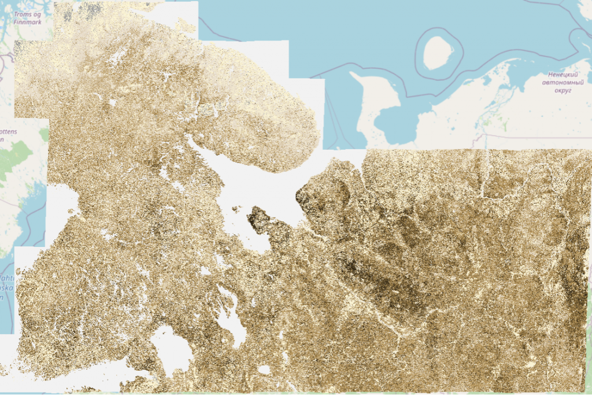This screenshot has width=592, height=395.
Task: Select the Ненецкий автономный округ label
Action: (558, 83)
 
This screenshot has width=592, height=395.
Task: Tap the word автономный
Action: (558, 83)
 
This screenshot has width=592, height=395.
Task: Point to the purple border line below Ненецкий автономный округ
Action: (532, 138)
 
